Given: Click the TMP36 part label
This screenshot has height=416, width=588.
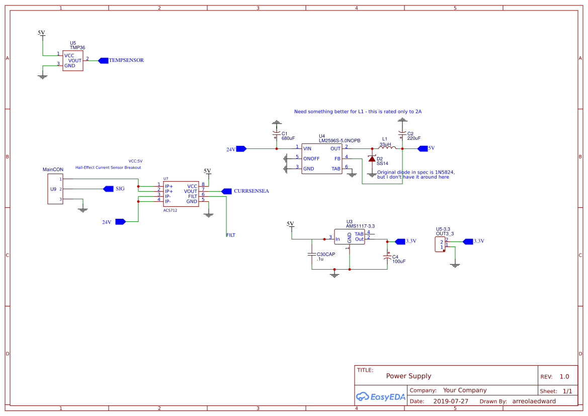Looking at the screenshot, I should [77, 48].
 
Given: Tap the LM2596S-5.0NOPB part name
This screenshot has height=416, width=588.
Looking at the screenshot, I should [339, 140].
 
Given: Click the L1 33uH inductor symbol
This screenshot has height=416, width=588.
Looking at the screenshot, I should [388, 148].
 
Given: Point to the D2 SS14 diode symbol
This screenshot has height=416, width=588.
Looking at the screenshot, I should [372, 159].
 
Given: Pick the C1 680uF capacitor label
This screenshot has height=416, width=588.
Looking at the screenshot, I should [288, 136].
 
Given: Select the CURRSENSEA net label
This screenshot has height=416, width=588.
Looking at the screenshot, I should [251, 191].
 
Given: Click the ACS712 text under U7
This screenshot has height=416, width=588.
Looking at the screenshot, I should [170, 210].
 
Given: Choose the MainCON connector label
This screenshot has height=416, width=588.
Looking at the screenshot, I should [53, 170].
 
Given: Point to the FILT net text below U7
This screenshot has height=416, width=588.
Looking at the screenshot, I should [231, 235].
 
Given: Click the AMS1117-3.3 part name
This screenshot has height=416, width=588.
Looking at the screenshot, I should [360, 226].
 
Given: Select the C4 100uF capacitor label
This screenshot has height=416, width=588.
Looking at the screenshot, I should [398, 259].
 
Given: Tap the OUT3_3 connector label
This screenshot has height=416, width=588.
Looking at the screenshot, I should [445, 233].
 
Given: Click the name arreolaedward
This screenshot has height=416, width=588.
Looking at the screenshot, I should [534, 401].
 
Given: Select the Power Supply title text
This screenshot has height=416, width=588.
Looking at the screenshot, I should [408, 376].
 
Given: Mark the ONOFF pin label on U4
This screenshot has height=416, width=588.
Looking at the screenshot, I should [311, 158].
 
